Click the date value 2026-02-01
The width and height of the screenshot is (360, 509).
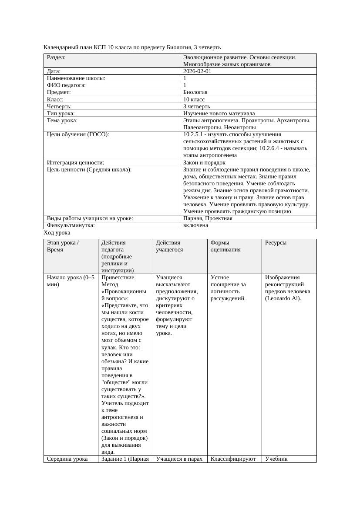(x=197, y=71)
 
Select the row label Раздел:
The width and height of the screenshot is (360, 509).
(x=56, y=57)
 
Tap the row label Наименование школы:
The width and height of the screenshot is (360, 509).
(x=76, y=78)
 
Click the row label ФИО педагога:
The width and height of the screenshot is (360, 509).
(x=66, y=85)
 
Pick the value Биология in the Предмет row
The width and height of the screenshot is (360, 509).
(x=195, y=92)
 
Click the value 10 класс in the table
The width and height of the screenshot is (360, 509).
(x=194, y=99)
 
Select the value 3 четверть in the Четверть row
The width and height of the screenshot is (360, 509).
(x=197, y=106)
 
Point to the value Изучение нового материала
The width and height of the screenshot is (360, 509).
(x=219, y=113)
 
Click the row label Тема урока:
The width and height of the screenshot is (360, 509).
(x=62, y=121)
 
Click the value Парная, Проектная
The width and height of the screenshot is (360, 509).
(x=208, y=218)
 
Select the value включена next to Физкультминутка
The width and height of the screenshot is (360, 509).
(x=196, y=225)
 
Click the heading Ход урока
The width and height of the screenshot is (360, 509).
(x=57, y=233)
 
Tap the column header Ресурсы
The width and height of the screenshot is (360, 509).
(x=276, y=243)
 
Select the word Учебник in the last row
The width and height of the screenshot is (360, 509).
(x=276, y=459)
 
